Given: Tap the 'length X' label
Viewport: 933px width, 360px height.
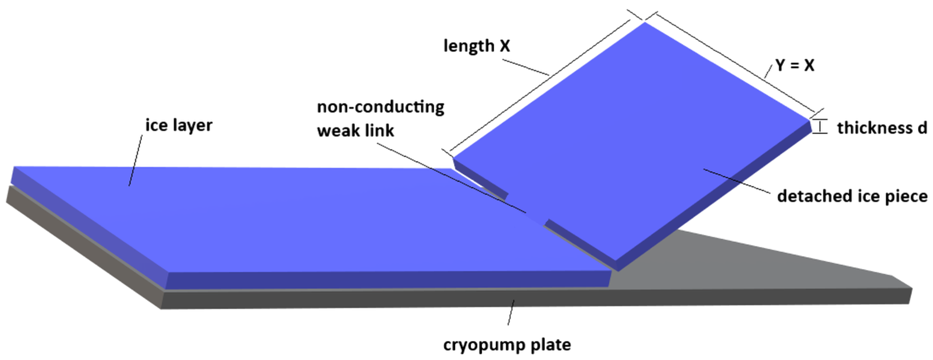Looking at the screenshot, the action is click(477, 46).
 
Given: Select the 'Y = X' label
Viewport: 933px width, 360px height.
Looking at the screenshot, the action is click(795, 65).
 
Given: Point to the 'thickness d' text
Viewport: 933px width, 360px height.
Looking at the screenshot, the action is click(881, 128).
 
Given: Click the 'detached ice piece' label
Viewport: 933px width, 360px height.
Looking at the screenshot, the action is click(852, 196).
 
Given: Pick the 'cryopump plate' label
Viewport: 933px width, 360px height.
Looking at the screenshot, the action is click(507, 345).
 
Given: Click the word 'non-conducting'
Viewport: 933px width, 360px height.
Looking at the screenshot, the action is click(380, 107).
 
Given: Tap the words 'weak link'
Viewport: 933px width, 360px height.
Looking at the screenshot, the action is click(355, 130).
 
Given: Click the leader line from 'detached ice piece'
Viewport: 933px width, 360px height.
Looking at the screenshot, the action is click(735, 181).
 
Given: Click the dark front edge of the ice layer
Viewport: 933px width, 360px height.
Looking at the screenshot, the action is click(388, 280).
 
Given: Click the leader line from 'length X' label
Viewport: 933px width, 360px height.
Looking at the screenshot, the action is click(525, 67).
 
